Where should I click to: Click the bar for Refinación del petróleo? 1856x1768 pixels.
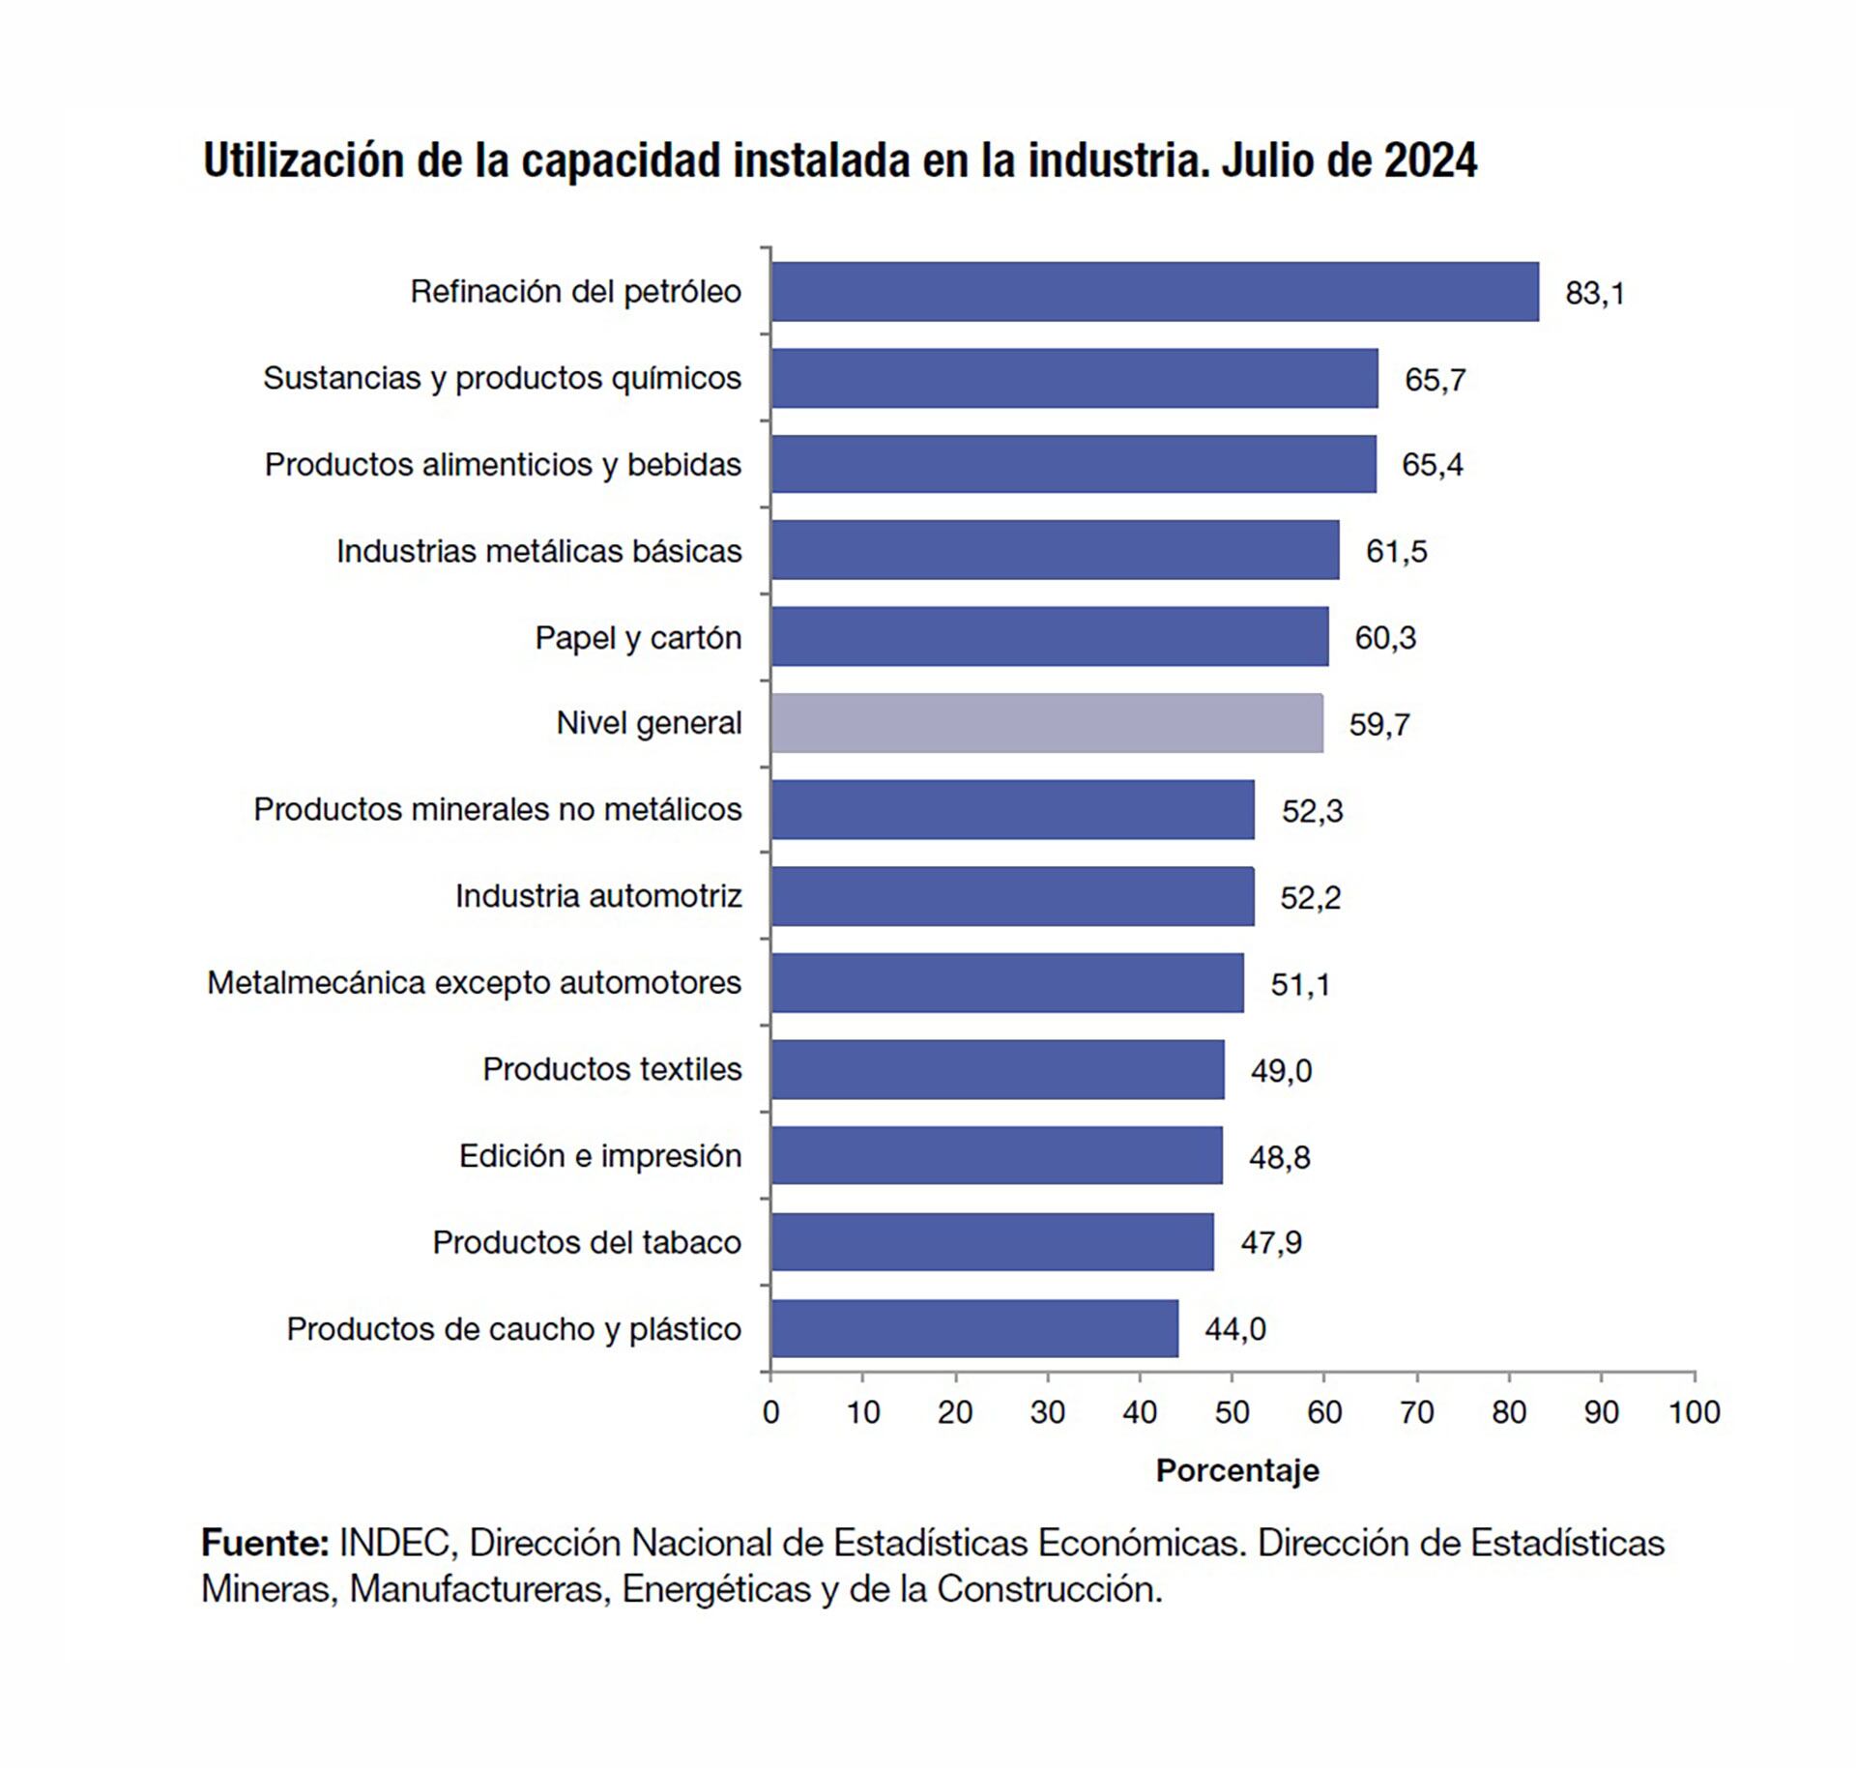click(x=1154, y=291)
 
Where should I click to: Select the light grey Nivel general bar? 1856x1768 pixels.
click(x=1047, y=723)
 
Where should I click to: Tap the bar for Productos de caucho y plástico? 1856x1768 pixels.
click(x=974, y=1328)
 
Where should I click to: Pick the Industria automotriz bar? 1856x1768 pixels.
click(x=1012, y=896)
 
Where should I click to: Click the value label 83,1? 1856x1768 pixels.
click(x=1595, y=293)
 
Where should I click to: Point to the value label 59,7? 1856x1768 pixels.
click(x=1379, y=724)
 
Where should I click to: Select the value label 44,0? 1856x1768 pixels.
click(x=1235, y=1329)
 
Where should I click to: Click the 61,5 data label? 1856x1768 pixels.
click(x=1396, y=551)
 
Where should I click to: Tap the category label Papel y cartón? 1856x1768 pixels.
click(x=638, y=638)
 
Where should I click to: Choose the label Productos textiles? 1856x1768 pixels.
click(x=612, y=1069)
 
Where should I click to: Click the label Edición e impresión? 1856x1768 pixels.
click(x=599, y=1156)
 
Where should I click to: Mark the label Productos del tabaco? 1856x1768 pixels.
click(x=587, y=1242)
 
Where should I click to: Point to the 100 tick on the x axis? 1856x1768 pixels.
click(x=1694, y=1413)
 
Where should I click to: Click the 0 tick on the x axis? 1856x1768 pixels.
click(x=770, y=1413)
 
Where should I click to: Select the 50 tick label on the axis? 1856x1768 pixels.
click(x=1232, y=1413)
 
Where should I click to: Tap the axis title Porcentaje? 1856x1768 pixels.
click(x=1237, y=1470)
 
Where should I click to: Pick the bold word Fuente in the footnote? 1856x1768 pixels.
click(x=264, y=1543)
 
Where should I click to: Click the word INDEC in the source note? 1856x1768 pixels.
click(x=395, y=1543)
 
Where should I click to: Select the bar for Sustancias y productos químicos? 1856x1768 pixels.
click(x=1074, y=378)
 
